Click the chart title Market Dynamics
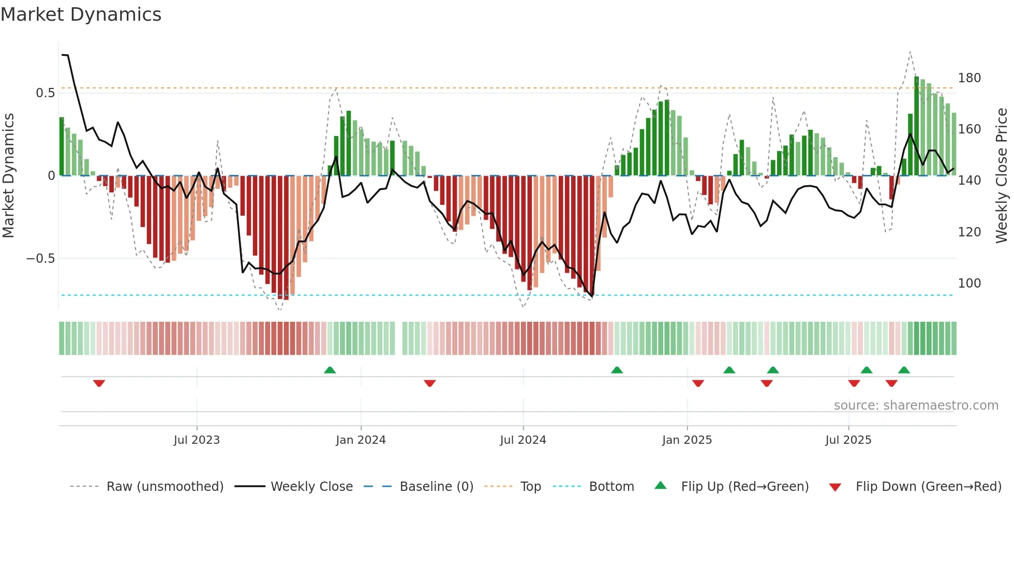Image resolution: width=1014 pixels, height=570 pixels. [x=81, y=14]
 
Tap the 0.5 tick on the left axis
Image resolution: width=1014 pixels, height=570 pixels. [x=45, y=93]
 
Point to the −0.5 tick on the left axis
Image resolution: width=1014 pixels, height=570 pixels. [x=40, y=259]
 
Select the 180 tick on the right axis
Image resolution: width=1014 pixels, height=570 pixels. [x=969, y=78]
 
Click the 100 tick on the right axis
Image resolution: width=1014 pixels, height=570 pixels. [x=969, y=283]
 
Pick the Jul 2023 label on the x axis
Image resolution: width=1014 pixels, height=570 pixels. [x=197, y=440]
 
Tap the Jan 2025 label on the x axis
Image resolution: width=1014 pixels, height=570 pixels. [x=687, y=440]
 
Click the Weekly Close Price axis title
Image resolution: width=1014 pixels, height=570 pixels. [x=1002, y=176]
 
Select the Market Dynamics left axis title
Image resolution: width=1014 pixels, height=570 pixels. [x=8, y=176]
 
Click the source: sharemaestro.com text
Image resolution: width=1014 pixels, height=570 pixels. [x=916, y=406]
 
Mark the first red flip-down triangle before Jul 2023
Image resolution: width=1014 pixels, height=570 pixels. [x=99, y=383]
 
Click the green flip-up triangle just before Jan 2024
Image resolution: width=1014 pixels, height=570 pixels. [x=330, y=370]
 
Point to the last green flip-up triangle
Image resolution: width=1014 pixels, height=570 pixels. [x=904, y=370]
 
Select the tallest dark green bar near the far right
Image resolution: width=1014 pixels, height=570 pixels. [x=916, y=127]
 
